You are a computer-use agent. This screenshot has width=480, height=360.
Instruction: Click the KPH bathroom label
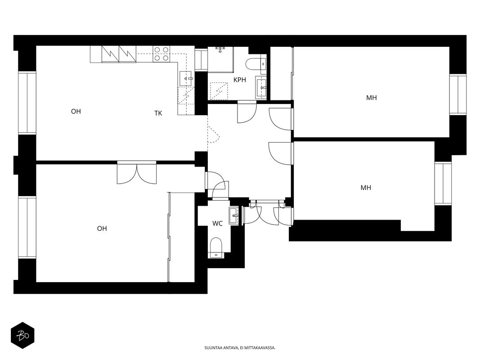[x=240, y=80]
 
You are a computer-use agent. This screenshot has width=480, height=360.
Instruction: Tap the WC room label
[x=217, y=224]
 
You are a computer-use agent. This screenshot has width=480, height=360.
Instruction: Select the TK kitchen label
[x=158, y=113]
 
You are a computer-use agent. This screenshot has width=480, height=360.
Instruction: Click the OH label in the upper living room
[x=76, y=112]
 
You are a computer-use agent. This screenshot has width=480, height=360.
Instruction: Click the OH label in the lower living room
[x=102, y=229]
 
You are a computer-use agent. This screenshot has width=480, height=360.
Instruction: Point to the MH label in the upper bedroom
[x=371, y=98]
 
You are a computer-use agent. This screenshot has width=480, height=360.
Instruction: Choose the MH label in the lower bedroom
[x=366, y=188]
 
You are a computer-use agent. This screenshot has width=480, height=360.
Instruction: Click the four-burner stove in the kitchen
[x=161, y=54]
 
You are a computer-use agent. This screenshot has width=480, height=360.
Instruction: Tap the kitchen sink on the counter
[x=186, y=78]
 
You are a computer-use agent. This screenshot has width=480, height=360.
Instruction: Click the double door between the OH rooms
[x=136, y=172]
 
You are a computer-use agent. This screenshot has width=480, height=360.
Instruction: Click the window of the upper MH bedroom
[x=458, y=94]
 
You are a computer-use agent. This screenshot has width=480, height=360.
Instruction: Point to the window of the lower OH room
[x=27, y=227]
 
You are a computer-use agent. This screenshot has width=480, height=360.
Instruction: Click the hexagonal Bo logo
[x=22, y=336]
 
